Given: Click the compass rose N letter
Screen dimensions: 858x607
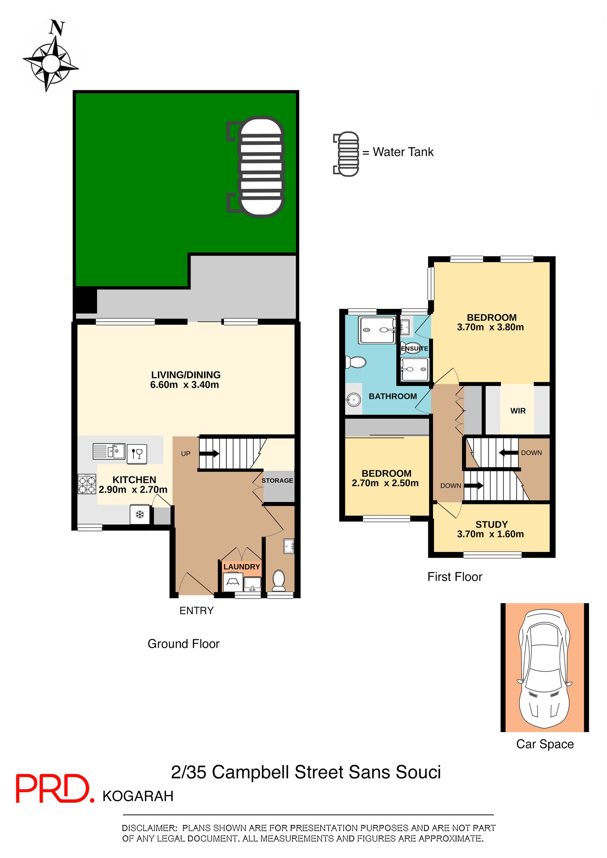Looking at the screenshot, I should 57,28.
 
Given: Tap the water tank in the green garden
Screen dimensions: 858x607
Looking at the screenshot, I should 261,166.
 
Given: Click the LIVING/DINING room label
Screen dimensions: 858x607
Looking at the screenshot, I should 186,375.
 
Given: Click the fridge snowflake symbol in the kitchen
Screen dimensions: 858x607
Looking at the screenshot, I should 140,514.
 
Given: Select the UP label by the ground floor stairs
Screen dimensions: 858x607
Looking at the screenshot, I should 186,453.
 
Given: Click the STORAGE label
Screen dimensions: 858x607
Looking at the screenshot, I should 277,480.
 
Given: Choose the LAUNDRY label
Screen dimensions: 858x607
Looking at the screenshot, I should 242,566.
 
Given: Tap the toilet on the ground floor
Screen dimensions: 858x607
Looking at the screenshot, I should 279,580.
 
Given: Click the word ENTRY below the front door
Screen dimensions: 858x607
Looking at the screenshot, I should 196,610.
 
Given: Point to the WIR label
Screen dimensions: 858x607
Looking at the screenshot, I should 518,411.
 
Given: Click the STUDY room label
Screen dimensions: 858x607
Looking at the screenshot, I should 491,524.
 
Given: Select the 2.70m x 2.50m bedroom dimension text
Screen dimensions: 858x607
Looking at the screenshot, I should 385,483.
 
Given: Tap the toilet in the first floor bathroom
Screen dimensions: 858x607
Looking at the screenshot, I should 356,362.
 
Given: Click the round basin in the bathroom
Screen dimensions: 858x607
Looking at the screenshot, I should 354,400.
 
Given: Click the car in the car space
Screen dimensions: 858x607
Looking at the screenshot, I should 545,668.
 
